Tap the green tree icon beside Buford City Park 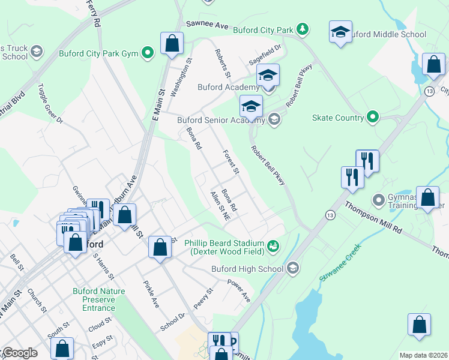pos(304,28)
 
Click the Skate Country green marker pos(373,117)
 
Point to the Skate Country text pos(338,118)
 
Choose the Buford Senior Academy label pos(221,120)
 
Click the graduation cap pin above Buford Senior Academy pos(251,106)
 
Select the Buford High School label pos(247,269)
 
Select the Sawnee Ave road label pos(207,25)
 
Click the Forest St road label pos(231,162)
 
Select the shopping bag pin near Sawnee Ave pos(172,44)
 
